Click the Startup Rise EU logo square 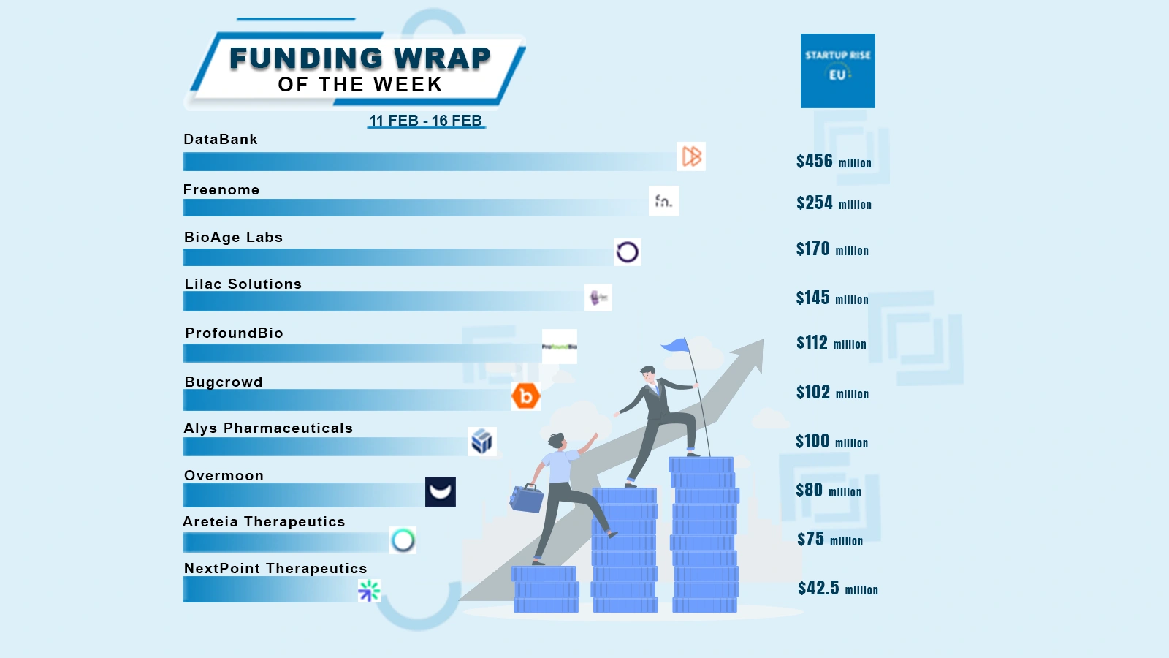point(837,71)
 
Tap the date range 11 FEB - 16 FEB point(425,121)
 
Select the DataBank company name point(221,140)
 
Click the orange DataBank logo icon point(691,156)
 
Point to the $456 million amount point(833,162)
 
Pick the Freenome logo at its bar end point(663,201)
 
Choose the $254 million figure point(833,203)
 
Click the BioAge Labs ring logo point(627,252)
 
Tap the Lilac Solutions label point(243,284)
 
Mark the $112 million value point(831,343)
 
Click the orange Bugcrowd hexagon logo point(525,396)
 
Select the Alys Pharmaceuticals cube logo point(481,442)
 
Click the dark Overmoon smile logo point(440,492)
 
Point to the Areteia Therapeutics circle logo point(403,540)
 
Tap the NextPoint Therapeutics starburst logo point(369,590)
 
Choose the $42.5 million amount point(837,589)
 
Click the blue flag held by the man point(676,345)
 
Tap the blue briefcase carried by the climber point(526,499)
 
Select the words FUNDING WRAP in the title point(359,58)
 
